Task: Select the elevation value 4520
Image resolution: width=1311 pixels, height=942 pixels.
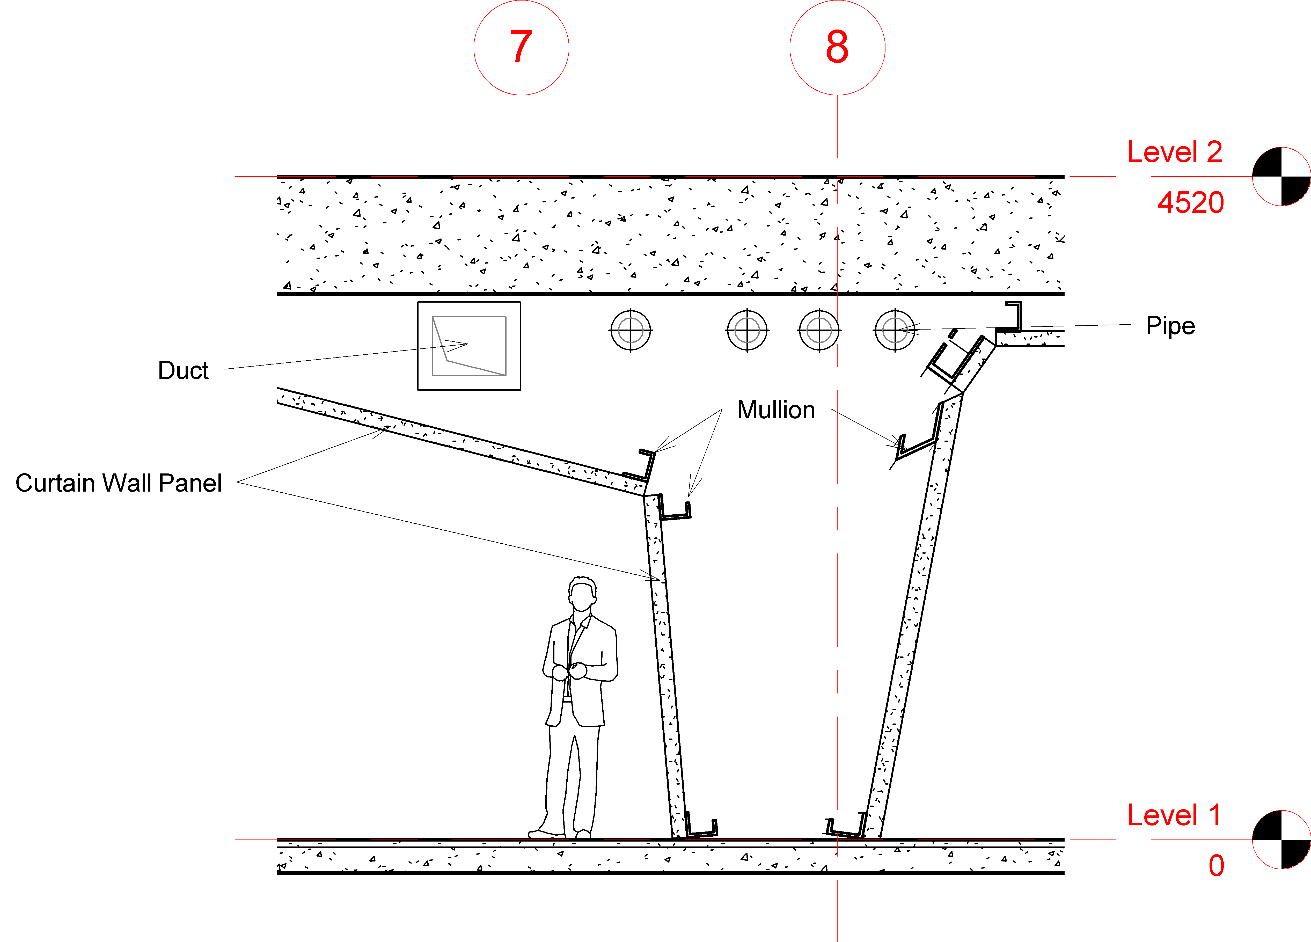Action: (x=1190, y=202)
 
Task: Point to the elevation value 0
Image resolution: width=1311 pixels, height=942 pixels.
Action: (x=1216, y=866)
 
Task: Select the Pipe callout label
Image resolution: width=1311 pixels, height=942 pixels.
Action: (x=1170, y=326)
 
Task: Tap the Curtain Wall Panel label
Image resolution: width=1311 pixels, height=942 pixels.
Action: (x=119, y=483)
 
